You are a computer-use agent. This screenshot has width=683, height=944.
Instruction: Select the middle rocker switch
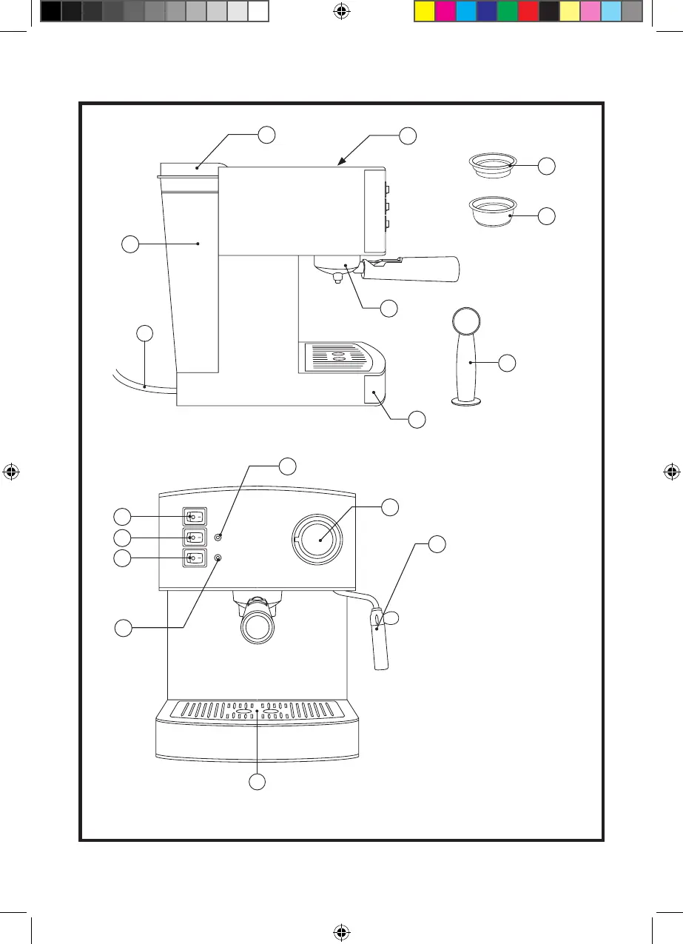point(195,537)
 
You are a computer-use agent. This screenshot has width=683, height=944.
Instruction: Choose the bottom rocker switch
point(195,558)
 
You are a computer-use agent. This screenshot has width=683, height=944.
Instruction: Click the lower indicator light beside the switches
point(218,558)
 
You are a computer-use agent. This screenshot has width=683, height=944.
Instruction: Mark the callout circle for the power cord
point(146,333)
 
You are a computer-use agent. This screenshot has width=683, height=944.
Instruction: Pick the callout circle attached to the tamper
point(507,363)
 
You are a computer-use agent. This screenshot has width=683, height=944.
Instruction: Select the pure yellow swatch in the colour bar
point(424,11)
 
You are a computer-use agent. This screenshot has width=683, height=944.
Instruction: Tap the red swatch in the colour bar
point(528,11)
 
